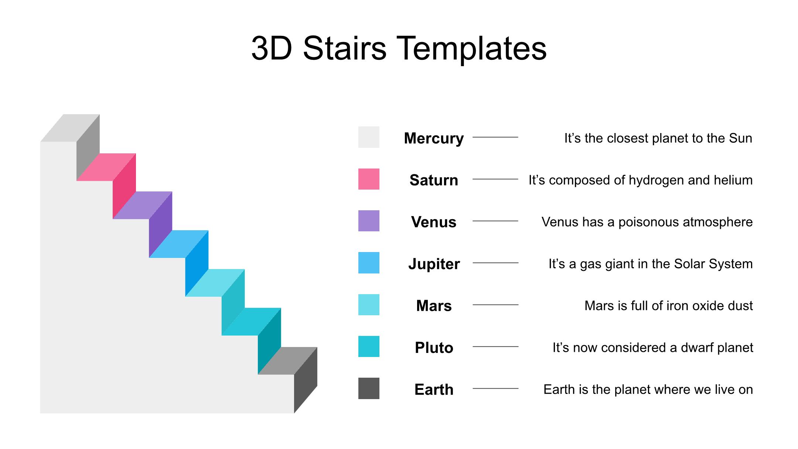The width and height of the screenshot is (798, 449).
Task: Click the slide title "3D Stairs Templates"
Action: [x=399, y=48]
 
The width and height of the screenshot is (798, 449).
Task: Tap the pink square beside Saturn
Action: [x=369, y=179]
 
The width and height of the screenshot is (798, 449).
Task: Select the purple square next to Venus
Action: [x=369, y=221]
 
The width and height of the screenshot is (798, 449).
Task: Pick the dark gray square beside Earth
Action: [x=369, y=388]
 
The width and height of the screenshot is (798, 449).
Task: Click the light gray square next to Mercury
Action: [x=369, y=137]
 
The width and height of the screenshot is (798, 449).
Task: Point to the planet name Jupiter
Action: [x=434, y=264]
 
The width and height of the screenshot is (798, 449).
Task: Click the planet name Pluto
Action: [x=434, y=348]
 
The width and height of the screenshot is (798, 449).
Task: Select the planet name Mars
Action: [x=434, y=306]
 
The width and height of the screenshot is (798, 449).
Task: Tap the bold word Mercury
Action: [x=434, y=139]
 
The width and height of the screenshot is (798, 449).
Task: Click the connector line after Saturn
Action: [x=495, y=179]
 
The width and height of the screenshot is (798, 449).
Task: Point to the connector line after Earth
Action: [x=495, y=389]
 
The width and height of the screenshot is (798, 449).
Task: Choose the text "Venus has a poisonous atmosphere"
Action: [x=647, y=222]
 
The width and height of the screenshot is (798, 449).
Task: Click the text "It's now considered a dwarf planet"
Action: [x=653, y=348]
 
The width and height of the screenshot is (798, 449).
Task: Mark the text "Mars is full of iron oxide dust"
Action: [x=669, y=306]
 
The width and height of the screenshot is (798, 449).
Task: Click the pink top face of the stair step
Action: [x=106, y=167]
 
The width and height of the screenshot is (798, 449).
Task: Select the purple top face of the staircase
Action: [x=142, y=205]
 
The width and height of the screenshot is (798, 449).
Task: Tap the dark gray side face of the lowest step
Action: [x=306, y=380]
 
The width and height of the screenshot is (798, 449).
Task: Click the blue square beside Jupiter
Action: [x=369, y=263]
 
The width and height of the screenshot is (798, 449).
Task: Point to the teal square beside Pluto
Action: [x=369, y=346]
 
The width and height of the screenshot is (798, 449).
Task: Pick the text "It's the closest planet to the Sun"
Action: [x=658, y=139]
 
